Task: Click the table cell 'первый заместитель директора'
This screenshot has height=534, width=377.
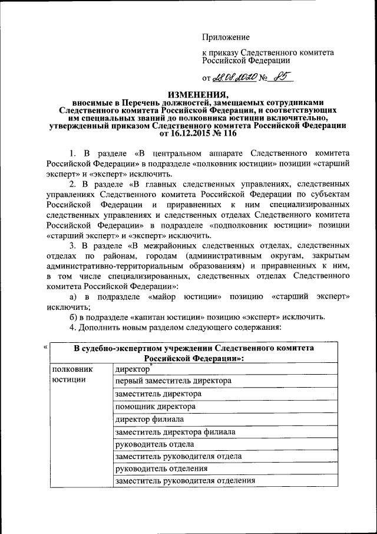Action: click(x=173, y=381)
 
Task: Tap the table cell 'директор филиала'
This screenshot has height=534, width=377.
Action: click(x=150, y=420)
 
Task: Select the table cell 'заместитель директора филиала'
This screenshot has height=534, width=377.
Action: click(x=176, y=432)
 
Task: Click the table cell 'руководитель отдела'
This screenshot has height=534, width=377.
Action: click(x=155, y=444)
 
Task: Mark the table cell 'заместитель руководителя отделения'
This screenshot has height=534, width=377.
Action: click(x=186, y=480)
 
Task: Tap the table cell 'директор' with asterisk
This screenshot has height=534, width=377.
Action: click(x=131, y=369)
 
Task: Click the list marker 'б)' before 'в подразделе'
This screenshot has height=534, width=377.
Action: click(x=74, y=316)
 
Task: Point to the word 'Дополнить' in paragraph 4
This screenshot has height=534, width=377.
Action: click(x=101, y=327)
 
